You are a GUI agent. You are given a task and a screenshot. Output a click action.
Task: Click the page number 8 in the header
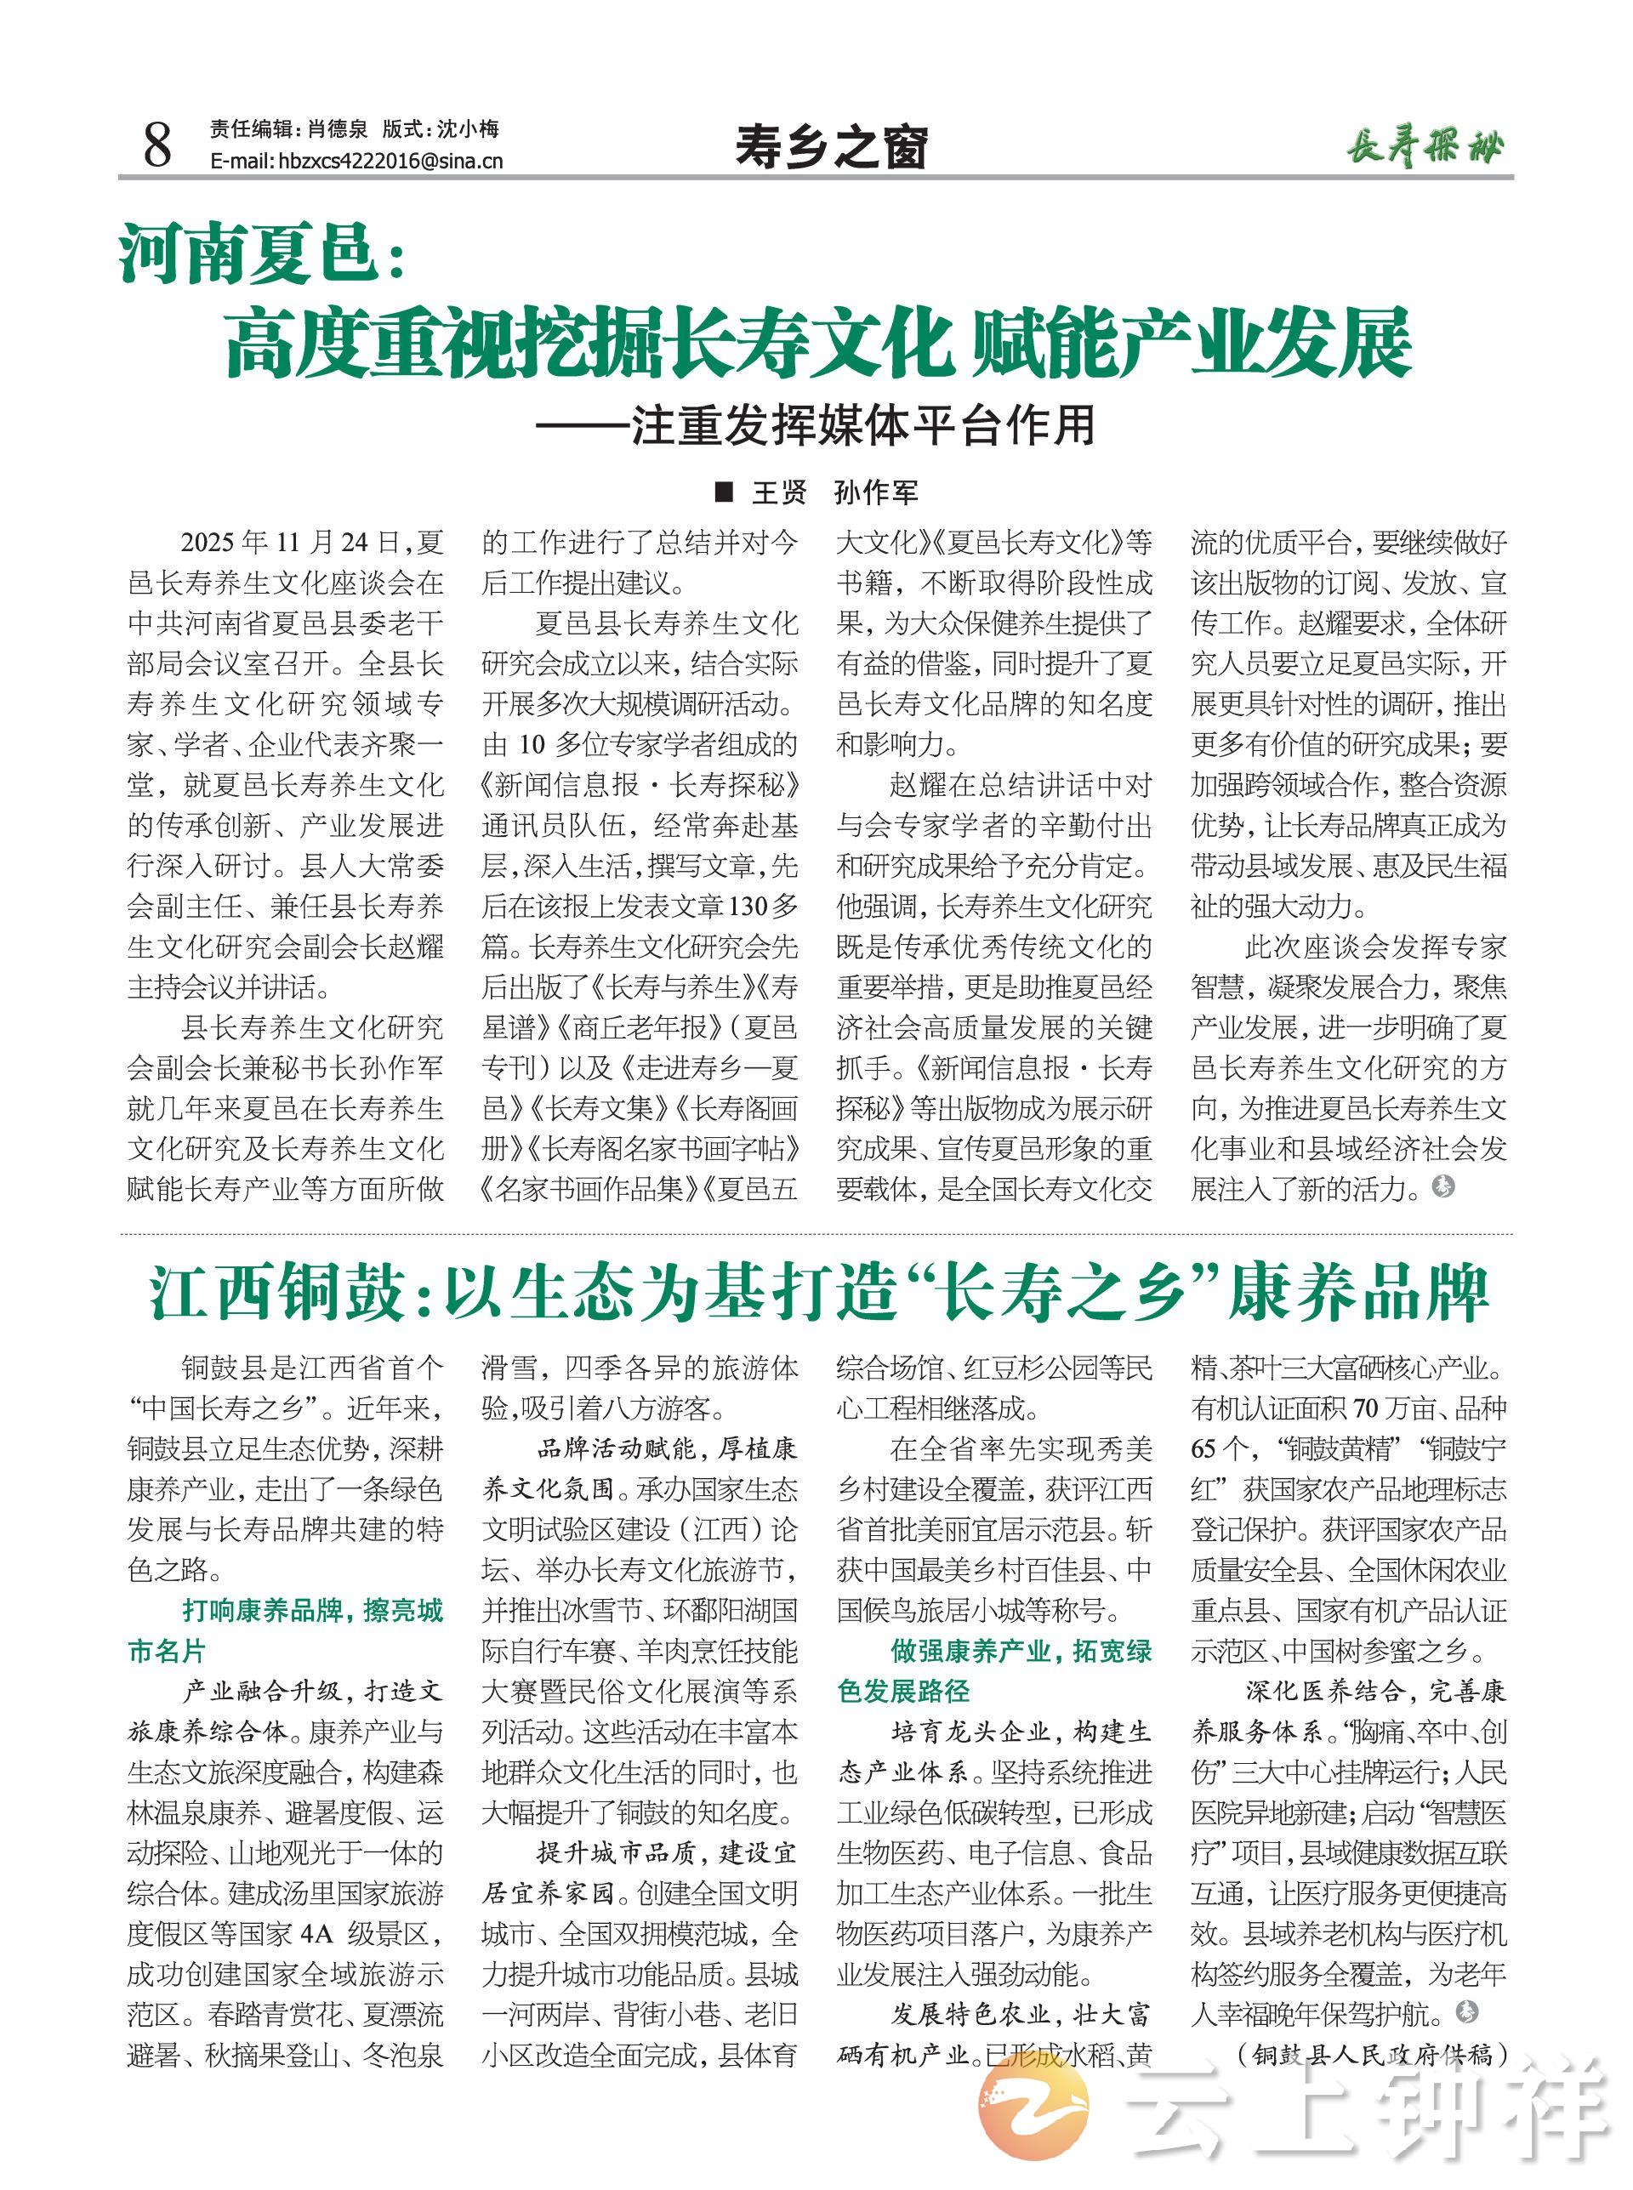157,145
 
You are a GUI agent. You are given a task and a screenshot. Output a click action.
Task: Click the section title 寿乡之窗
830,148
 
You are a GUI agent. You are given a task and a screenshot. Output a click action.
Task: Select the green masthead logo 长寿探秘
1425,148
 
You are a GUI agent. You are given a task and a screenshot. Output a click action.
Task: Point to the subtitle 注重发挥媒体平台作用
863,426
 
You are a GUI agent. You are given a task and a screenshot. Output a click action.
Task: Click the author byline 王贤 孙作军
834,492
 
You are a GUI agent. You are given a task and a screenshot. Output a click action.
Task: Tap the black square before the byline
724,492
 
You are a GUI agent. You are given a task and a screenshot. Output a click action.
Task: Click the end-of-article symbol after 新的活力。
1443,1187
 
